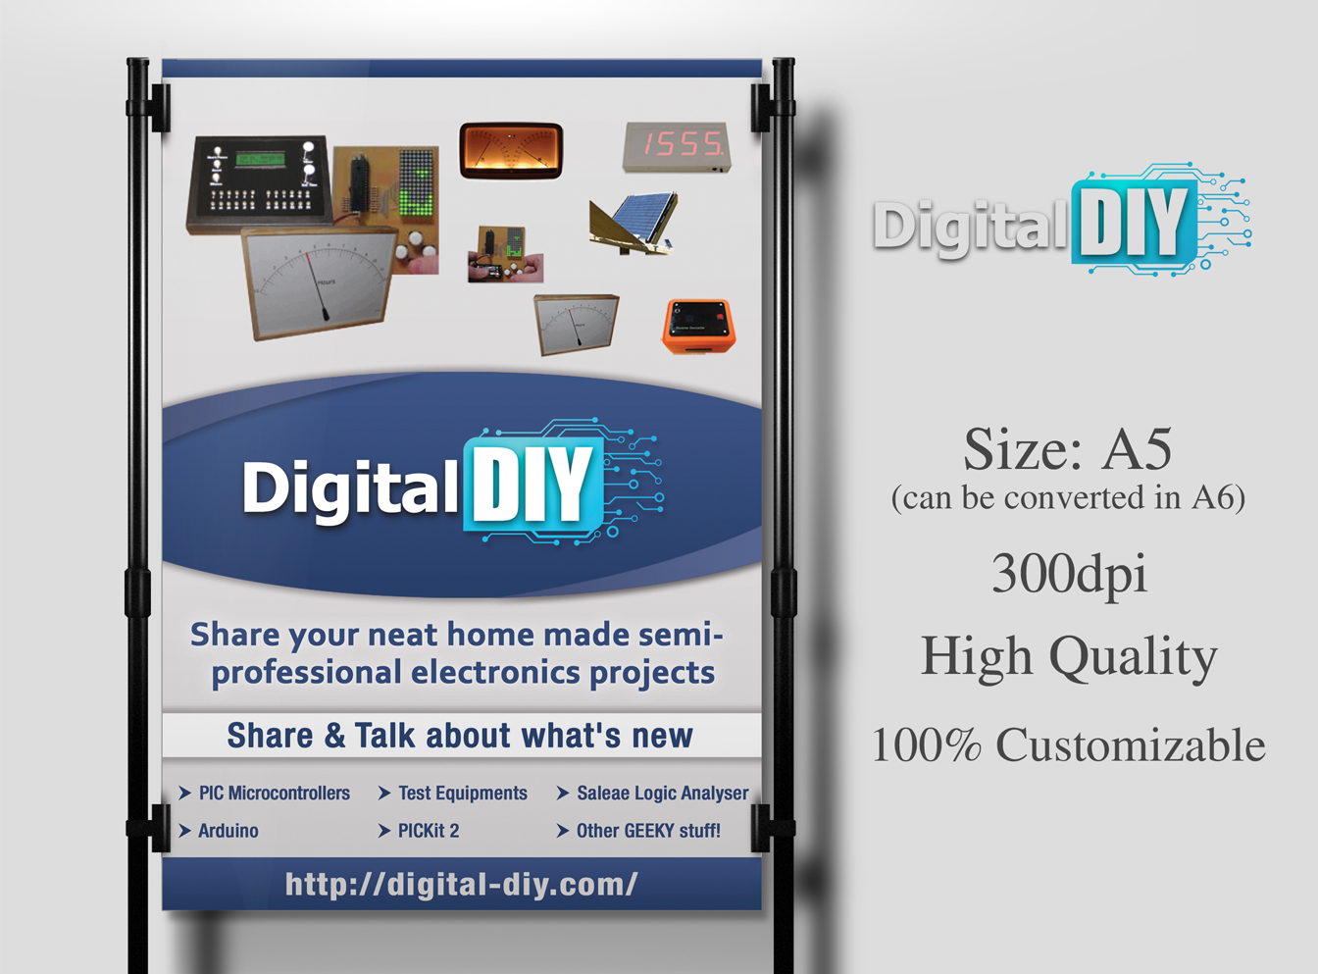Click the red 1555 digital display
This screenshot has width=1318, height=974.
(677, 146)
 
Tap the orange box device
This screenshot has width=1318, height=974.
(699, 325)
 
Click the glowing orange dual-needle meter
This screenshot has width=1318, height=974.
(511, 150)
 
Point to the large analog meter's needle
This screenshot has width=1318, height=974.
(317, 283)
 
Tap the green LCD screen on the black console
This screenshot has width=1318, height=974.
(260, 159)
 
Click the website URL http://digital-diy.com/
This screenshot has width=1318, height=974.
(461, 884)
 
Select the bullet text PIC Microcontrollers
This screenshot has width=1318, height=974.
(274, 793)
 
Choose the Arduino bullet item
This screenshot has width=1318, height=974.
(228, 831)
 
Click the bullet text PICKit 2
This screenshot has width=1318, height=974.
(428, 831)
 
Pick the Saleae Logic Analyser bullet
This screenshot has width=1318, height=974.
(662, 793)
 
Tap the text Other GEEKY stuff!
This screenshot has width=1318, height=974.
(647, 831)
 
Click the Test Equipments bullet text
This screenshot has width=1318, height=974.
(462, 793)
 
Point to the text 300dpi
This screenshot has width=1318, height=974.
(1068, 573)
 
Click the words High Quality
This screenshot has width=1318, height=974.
(1068, 656)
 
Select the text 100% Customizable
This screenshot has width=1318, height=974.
(1068, 745)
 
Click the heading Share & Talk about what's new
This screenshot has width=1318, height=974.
(460, 736)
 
